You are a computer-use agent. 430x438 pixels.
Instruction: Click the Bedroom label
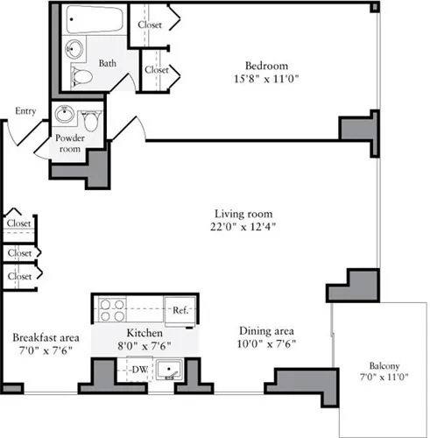(266, 66)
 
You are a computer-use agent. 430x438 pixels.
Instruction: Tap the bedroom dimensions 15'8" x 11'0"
(266, 79)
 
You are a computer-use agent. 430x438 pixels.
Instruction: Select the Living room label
(244, 214)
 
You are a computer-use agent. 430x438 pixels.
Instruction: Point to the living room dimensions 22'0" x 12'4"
(244, 228)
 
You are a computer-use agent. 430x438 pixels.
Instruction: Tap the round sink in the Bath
(76, 48)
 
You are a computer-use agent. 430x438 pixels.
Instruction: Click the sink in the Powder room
(64, 115)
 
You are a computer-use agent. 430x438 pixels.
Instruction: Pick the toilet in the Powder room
(90, 117)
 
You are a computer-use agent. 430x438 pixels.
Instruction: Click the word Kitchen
(145, 334)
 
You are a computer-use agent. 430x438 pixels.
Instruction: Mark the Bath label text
(108, 63)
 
